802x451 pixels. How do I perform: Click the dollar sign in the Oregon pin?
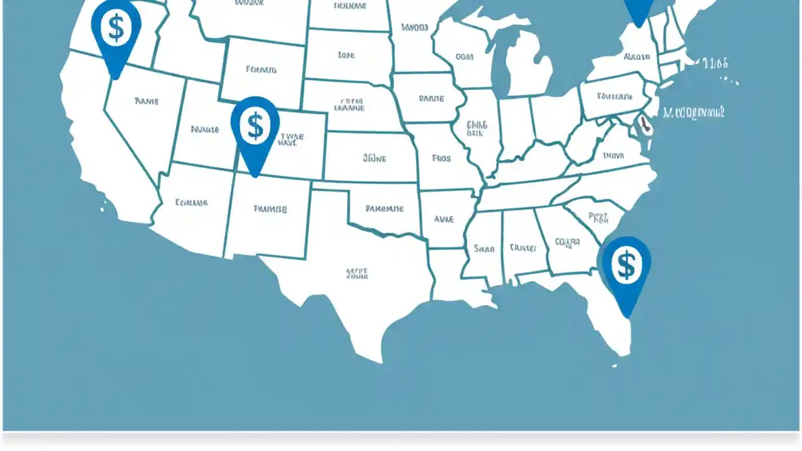click(116, 27)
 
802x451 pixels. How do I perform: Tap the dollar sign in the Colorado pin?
click(255, 126)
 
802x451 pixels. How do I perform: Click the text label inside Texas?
click(357, 274)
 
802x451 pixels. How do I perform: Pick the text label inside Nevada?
click(147, 100)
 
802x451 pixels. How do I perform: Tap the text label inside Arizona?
click(192, 202)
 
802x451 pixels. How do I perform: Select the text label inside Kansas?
click(375, 158)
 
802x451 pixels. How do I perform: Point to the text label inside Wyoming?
click(261, 70)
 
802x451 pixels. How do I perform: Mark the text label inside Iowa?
click(431, 98)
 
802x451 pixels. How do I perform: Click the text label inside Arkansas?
click(444, 219)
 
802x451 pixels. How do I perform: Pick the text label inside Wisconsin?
click(464, 57)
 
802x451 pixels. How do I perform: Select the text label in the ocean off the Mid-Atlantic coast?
click(694, 113)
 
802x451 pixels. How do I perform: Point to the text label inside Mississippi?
click(484, 249)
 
